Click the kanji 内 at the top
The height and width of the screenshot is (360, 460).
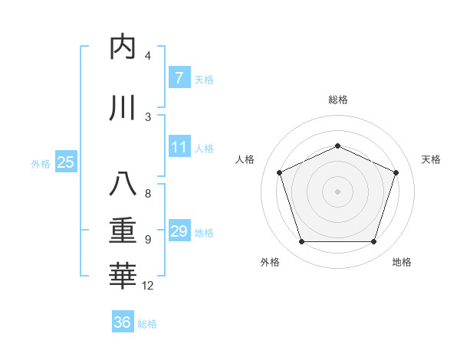point(122,47)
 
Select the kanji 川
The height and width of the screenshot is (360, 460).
point(122,109)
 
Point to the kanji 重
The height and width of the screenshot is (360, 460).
point(122,231)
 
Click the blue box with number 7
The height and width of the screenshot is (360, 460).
point(179,77)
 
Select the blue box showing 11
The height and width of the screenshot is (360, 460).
point(179,147)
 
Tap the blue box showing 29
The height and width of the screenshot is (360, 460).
point(179,231)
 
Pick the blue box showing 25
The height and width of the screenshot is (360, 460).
point(65,162)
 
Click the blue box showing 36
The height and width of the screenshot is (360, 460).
point(123,322)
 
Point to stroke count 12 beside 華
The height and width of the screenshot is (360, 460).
point(148,286)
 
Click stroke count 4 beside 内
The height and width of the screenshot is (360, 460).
point(147,56)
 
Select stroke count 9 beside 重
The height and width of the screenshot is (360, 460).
point(147,240)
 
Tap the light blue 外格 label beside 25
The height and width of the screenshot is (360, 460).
point(41,163)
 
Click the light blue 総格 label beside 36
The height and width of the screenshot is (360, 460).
point(147,324)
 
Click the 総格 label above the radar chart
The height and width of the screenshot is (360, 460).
point(338,100)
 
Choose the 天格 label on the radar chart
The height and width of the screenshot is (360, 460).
point(431,159)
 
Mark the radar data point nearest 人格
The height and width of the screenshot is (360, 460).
point(279,172)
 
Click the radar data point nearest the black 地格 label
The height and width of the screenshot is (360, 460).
point(373,242)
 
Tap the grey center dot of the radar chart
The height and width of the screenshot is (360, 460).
point(337,191)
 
